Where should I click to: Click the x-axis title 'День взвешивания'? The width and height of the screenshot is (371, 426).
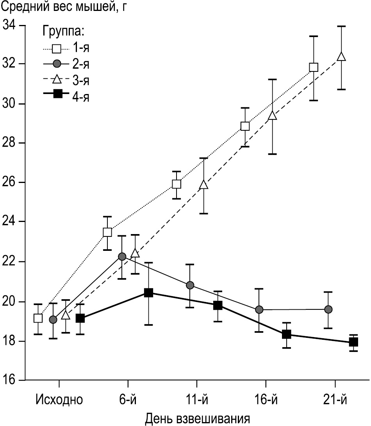[198, 419]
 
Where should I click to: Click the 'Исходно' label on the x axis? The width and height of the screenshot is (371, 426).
[59, 401]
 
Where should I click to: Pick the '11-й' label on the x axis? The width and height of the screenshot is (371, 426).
[197, 401]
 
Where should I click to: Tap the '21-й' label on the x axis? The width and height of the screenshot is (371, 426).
[335, 401]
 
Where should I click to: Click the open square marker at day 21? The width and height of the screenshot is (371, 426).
[314, 67]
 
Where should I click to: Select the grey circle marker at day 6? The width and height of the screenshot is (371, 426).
[122, 256]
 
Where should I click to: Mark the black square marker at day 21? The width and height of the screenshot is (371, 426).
[354, 342]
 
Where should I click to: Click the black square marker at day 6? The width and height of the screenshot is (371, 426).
[148, 293]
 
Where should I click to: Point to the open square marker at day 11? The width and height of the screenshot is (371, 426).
[177, 184]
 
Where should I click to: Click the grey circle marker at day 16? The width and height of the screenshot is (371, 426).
[259, 309]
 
